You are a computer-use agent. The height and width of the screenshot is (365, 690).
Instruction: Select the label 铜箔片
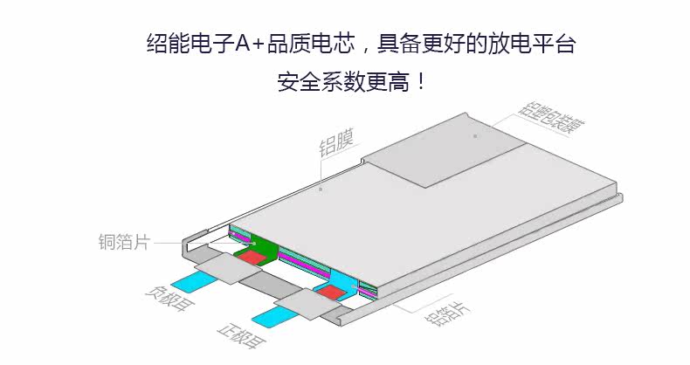point(124,242)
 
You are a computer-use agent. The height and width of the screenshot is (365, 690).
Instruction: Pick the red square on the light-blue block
point(331,293)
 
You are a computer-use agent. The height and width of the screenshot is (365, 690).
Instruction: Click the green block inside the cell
point(260,245)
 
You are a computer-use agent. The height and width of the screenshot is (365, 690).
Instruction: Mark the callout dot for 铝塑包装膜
point(475,136)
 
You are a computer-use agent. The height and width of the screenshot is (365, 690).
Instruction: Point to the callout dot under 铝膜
point(321,188)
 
